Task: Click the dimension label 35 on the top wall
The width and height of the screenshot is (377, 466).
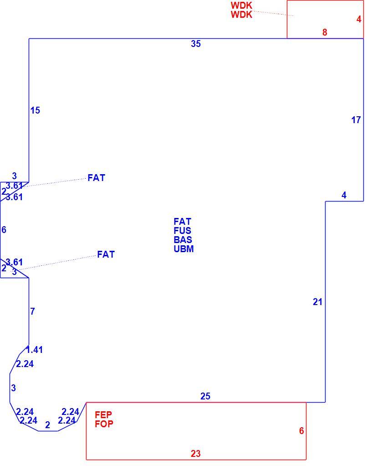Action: point(196,44)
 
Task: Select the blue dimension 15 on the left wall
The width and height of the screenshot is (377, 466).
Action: point(35,110)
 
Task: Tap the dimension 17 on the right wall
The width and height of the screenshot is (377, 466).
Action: point(356,120)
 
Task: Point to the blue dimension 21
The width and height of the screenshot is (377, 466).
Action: point(317,302)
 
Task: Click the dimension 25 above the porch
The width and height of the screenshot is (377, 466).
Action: point(205,396)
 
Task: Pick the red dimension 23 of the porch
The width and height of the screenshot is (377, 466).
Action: point(196,454)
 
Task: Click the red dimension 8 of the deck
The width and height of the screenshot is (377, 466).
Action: point(325,32)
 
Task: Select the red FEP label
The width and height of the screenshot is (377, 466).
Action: point(103,414)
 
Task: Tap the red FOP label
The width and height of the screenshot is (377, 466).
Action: point(104,424)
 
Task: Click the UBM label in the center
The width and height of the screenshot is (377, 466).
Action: point(184,249)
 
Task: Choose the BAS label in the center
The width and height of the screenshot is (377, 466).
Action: point(183,239)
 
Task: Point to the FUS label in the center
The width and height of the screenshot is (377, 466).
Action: point(183,231)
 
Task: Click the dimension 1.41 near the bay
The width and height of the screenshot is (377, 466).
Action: point(35,350)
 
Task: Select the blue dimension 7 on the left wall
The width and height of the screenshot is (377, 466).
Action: point(32,311)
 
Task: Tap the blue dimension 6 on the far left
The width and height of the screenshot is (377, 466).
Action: point(4,229)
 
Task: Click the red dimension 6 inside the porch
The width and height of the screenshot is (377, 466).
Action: point(301,430)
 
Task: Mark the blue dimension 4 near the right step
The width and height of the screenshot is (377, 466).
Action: point(344,195)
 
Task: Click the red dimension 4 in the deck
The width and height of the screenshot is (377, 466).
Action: point(359,19)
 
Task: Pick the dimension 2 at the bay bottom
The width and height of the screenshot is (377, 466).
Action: point(47,425)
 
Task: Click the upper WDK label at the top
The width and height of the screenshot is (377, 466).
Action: point(241,5)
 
